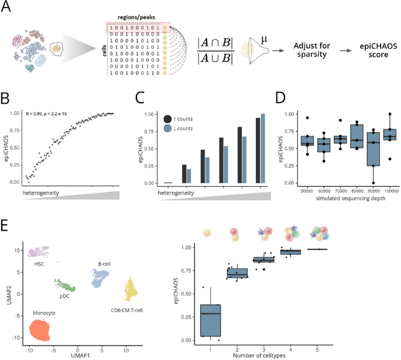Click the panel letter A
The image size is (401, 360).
point(9,8)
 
